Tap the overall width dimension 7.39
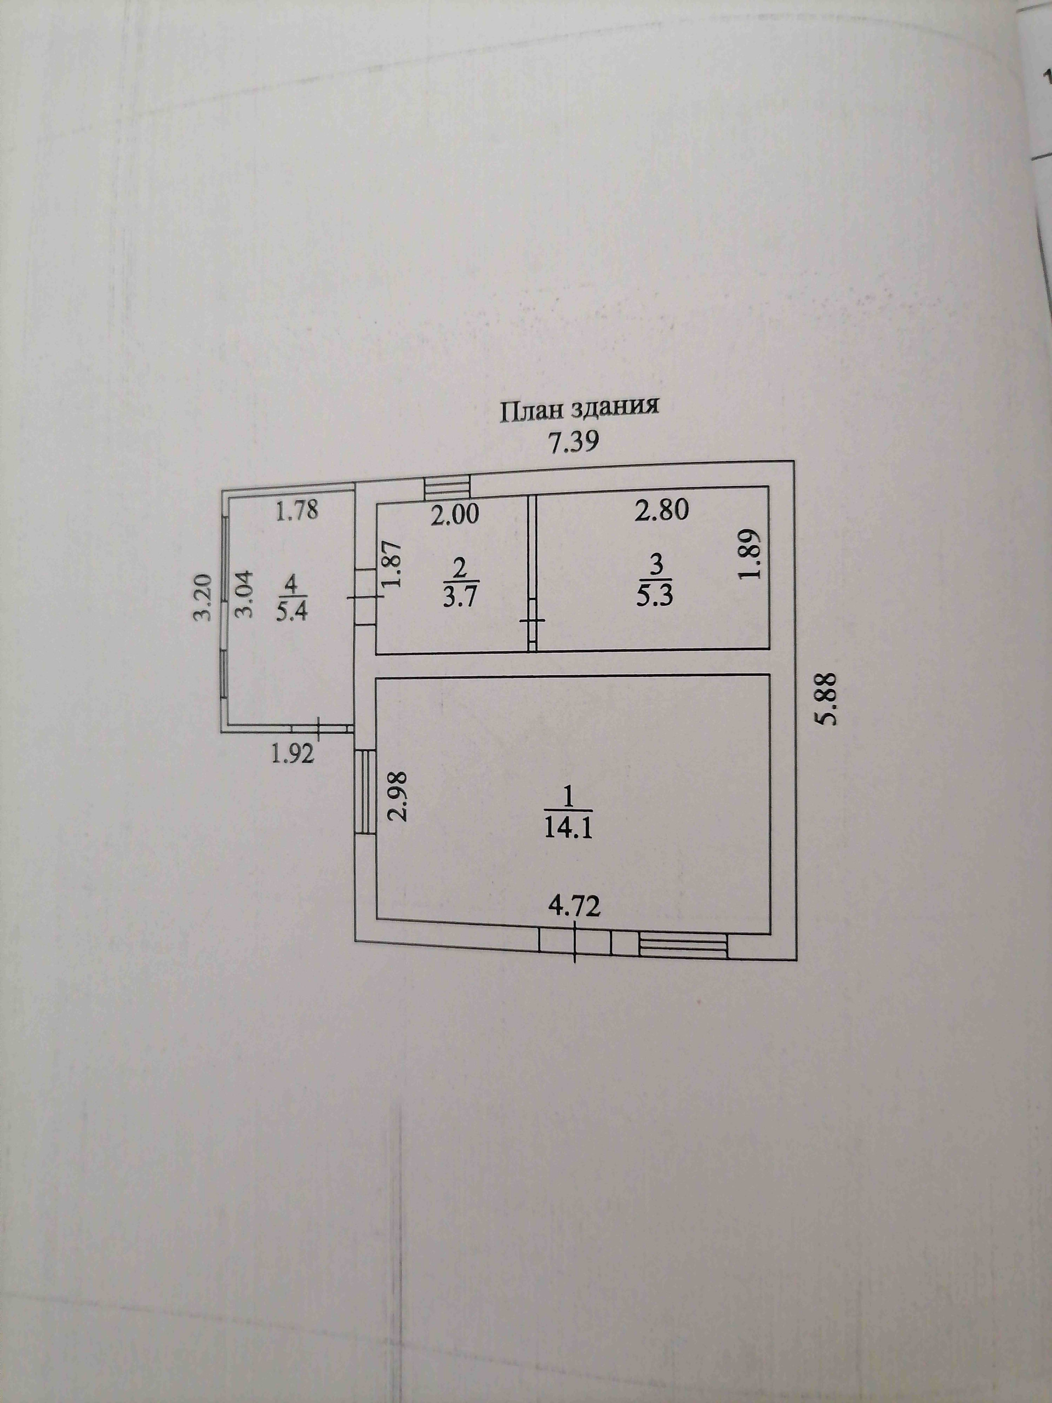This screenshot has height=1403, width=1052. coord(573,442)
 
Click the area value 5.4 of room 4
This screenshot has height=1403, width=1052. coord(295,613)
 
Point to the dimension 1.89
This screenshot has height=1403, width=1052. coord(750,553)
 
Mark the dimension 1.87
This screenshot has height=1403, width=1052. coord(392,563)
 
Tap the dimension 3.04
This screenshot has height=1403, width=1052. coord(245,594)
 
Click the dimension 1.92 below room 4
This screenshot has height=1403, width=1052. coord(293,754)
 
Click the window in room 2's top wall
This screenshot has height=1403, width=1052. coord(447,487)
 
